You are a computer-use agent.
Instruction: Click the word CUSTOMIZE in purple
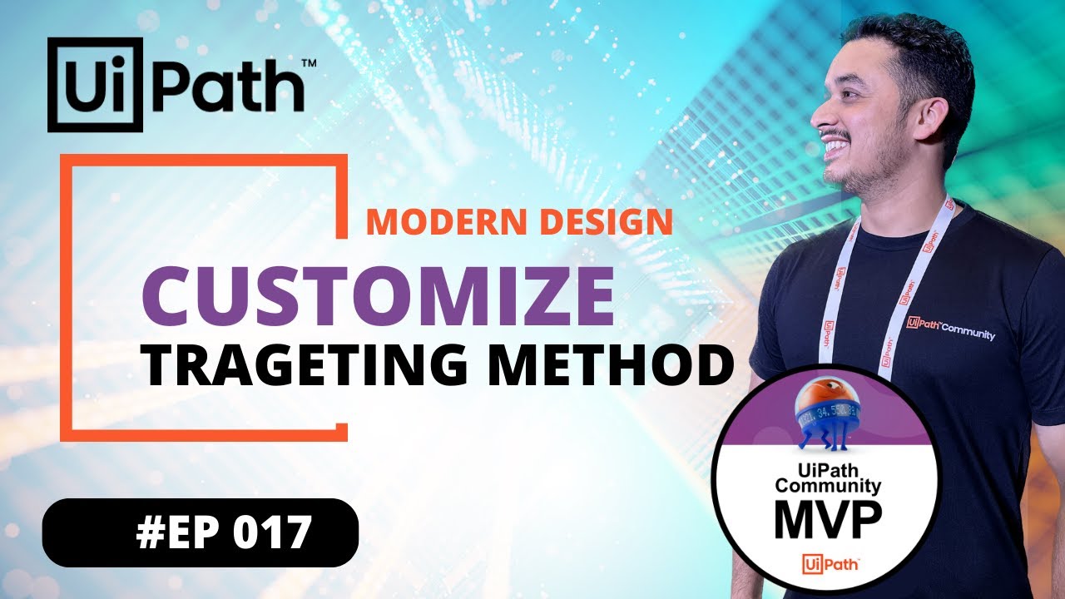[379, 296]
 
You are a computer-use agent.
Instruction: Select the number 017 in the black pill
[271, 533]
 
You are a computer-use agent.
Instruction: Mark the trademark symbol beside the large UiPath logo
[308, 62]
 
